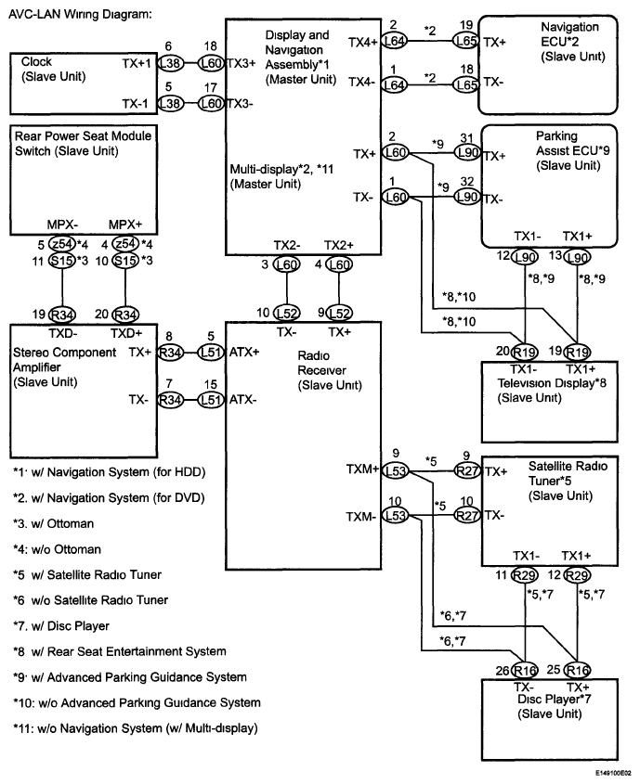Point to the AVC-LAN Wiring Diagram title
(x=75, y=16)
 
